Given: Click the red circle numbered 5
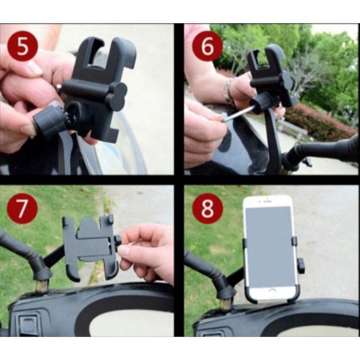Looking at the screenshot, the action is click(22, 47).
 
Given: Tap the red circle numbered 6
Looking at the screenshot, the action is click(207, 47).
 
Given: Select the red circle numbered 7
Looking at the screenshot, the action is click(22, 208).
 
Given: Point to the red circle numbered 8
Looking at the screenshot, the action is click(207, 208).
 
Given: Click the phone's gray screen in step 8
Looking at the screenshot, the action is click(270, 246).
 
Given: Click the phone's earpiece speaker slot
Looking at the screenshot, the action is click(267, 201).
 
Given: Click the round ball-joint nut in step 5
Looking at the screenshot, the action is click(48, 123).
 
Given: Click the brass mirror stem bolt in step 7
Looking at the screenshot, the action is click(42, 286).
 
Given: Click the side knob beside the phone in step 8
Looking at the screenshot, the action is click(301, 266).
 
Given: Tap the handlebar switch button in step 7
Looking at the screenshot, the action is click(28, 323).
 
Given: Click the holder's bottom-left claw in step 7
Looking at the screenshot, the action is click(73, 273).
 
